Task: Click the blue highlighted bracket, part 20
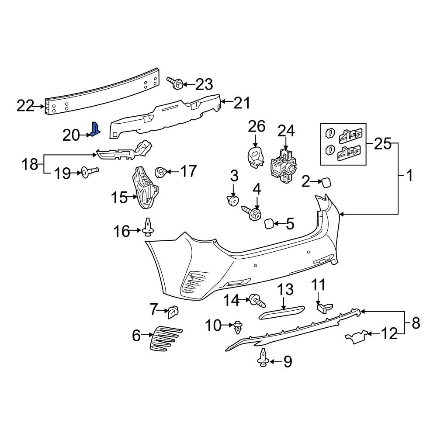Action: (x=96, y=129)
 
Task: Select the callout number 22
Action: (x=25, y=106)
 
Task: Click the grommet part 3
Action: (x=233, y=201)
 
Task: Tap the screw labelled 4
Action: (x=253, y=214)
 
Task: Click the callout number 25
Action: (x=382, y=144)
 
